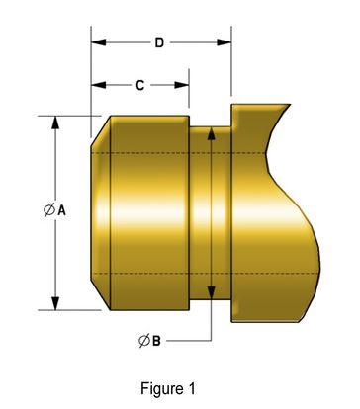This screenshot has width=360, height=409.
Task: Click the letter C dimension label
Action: point(139,86)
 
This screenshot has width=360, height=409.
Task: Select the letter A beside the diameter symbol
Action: point(61,209)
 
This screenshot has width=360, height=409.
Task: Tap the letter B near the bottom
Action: point(155,341)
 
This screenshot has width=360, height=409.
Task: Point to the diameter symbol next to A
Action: point(48,209)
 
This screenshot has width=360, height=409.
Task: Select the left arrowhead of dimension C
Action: point(96,86)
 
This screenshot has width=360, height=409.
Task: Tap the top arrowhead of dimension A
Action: point(54,122)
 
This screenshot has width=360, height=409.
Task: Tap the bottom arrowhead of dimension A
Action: point(54,303)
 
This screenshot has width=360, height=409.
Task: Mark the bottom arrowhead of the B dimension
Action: point(210,292)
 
